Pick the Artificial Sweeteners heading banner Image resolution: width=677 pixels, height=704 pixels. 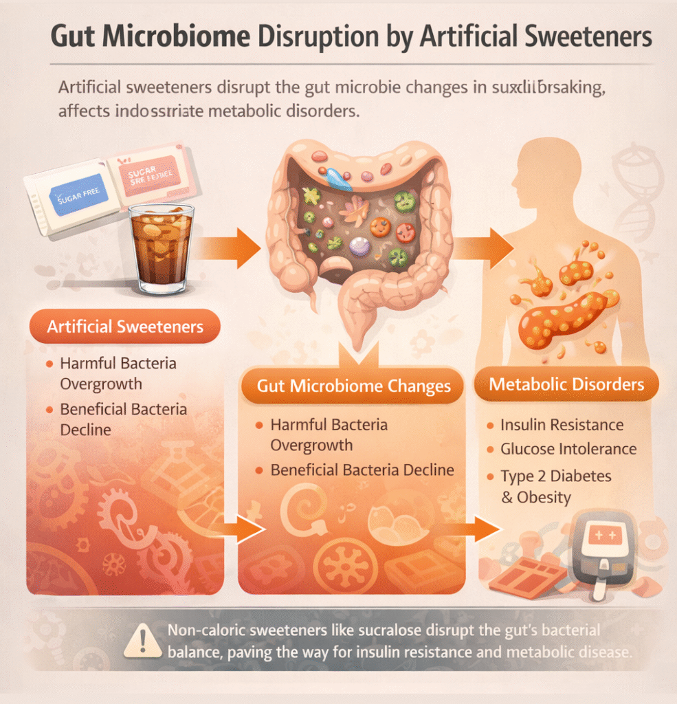125,326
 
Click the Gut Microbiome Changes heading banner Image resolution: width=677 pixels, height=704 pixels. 354,386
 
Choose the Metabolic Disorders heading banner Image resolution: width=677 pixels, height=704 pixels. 566,384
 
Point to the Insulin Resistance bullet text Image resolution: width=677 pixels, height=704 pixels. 562,425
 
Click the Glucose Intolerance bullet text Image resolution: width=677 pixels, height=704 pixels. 568,450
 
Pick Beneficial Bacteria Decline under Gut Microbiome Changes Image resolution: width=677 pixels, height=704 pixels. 362,470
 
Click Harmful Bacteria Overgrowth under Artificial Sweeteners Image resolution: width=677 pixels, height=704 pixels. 118,373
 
